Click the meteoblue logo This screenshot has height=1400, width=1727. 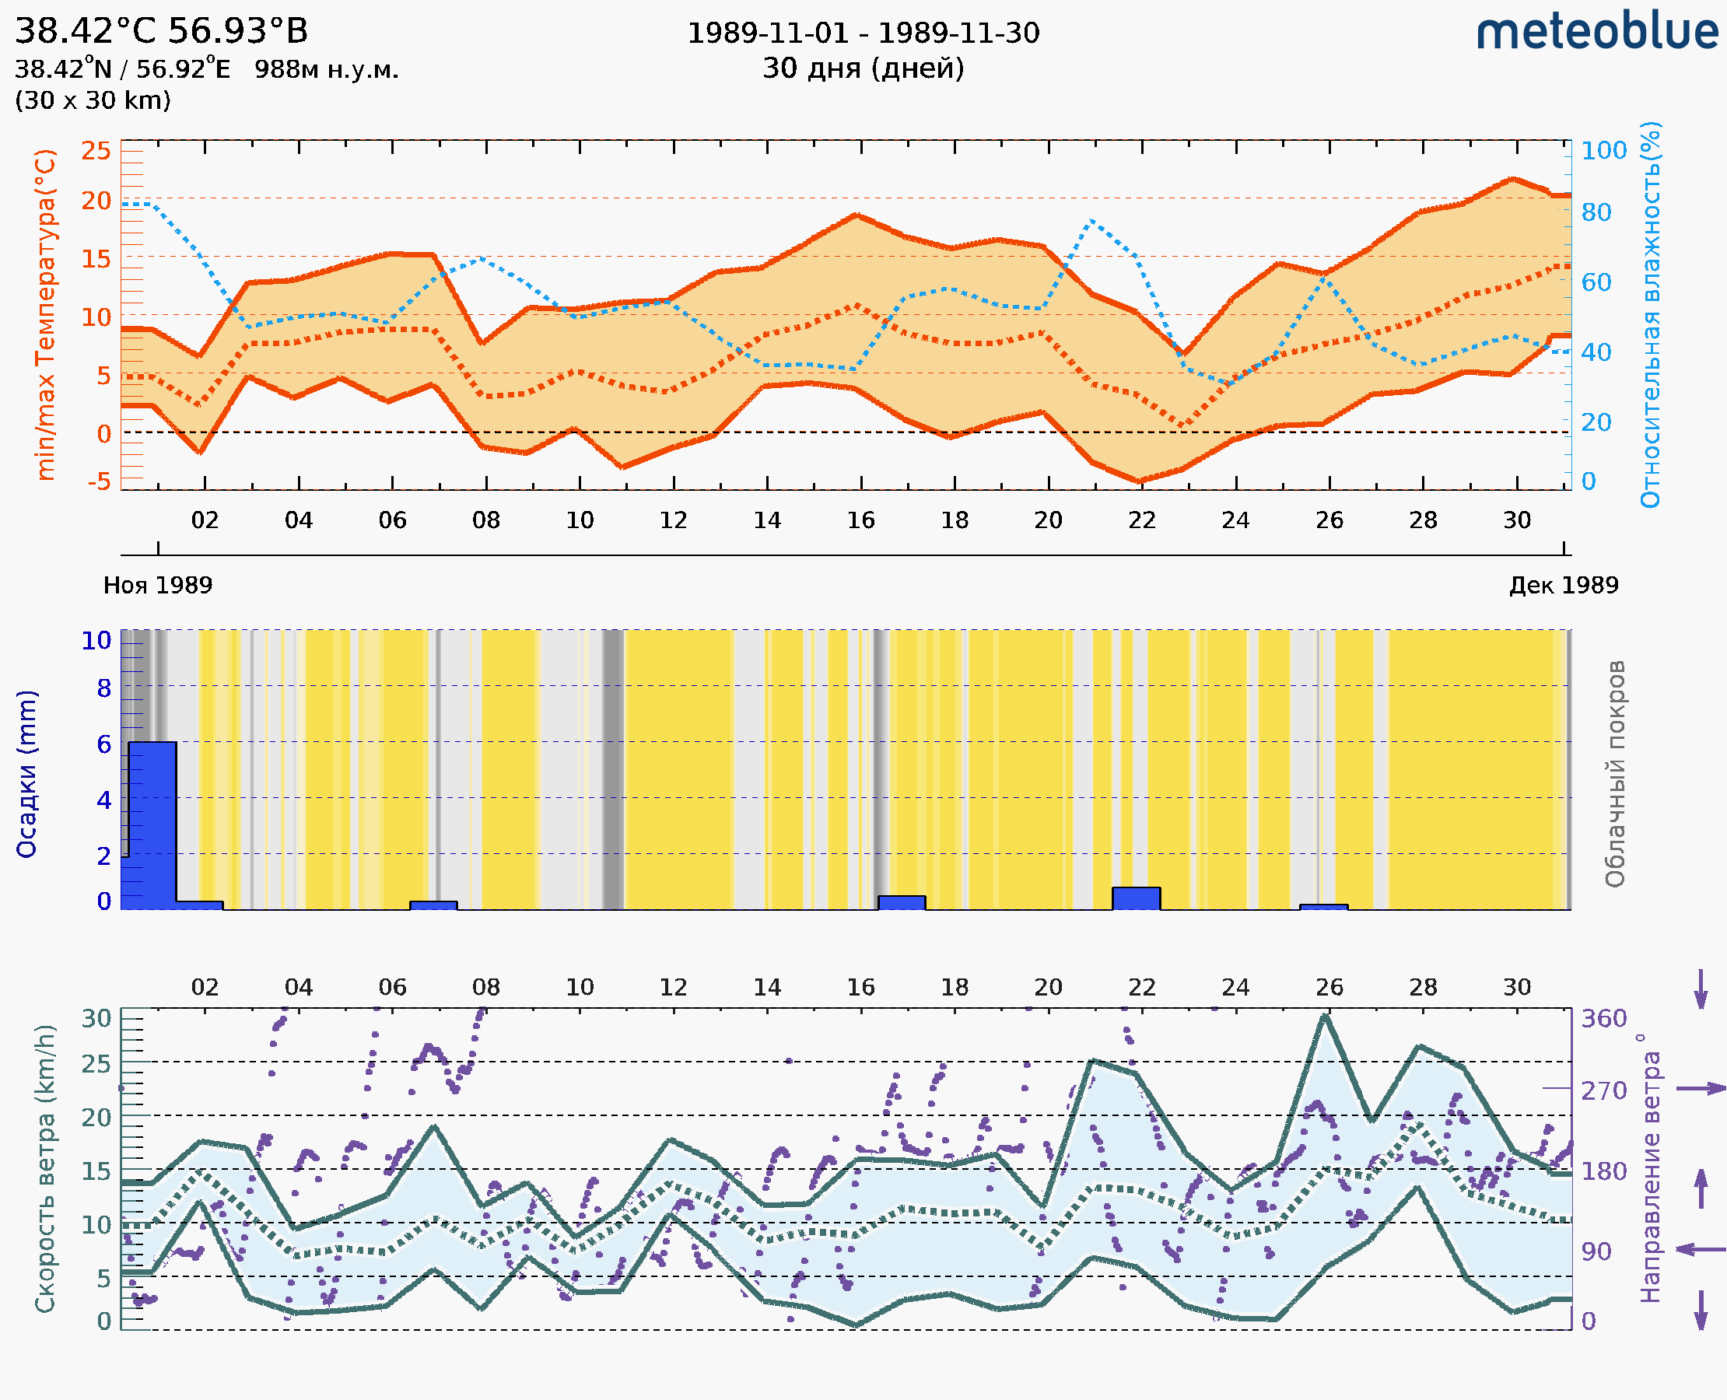(x=1597, y=32)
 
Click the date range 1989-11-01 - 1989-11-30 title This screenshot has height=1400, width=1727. (x=863, y=33)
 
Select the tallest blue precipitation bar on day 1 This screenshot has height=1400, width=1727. (x=152, y=823)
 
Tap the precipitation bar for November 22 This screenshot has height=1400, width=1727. (x=1136, y=898)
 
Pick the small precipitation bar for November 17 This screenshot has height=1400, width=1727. (x=901, y=902)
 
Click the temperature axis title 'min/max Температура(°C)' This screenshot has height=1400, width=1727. (x=46, y=314)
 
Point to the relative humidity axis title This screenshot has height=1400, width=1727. (x=1650, y=314)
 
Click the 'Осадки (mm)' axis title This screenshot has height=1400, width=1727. (x=26, y=774)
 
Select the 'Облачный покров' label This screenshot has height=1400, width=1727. (x=1615, y=774)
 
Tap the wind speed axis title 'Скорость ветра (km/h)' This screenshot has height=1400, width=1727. (x=45, y=1169)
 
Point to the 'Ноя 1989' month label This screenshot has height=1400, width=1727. (x=158, y=585)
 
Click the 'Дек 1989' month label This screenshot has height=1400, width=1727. (x=1564, y=585)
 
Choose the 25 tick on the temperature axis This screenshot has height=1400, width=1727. (x=96, y=150)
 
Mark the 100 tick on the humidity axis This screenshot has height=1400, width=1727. (x=1603, y=150)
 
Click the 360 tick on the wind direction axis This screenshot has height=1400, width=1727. (x=1603, y=1019)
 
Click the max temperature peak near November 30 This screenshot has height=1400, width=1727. (x=1512, y=179)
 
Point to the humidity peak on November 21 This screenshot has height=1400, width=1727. (x=1091, y=220)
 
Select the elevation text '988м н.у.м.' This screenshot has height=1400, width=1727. (x=327, y=69)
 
